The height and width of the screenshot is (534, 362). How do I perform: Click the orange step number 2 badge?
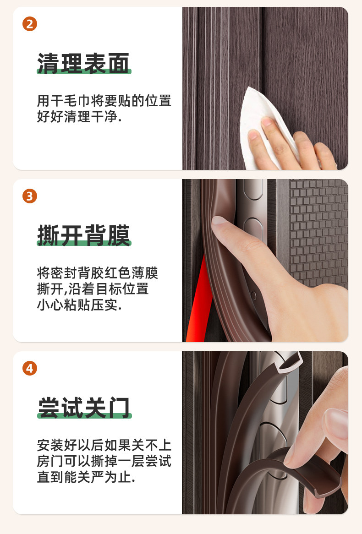click(30, 24)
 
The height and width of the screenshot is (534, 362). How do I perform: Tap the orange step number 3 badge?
click(30, 196)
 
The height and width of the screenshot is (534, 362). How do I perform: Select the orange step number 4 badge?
click(30, 369)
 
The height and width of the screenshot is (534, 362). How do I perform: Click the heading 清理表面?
click(83, 63)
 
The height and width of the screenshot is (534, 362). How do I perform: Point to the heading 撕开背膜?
click(83, 235)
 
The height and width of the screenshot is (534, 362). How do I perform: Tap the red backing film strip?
click(199, 300)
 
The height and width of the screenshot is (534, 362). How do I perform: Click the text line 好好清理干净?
click(79, 116)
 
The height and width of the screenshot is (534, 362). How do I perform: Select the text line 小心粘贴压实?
click(79, 305)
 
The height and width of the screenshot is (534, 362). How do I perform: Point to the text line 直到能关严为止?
click(86, 477)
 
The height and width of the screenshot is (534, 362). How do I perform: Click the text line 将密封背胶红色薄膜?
click(98, 273)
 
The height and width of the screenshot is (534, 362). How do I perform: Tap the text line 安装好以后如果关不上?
click(104, 446)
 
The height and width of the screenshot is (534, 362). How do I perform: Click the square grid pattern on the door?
click(319, 232)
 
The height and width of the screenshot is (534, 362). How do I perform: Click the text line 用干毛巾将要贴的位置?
click(104, 101)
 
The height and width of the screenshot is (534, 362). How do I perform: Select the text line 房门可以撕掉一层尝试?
click(104, 461)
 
